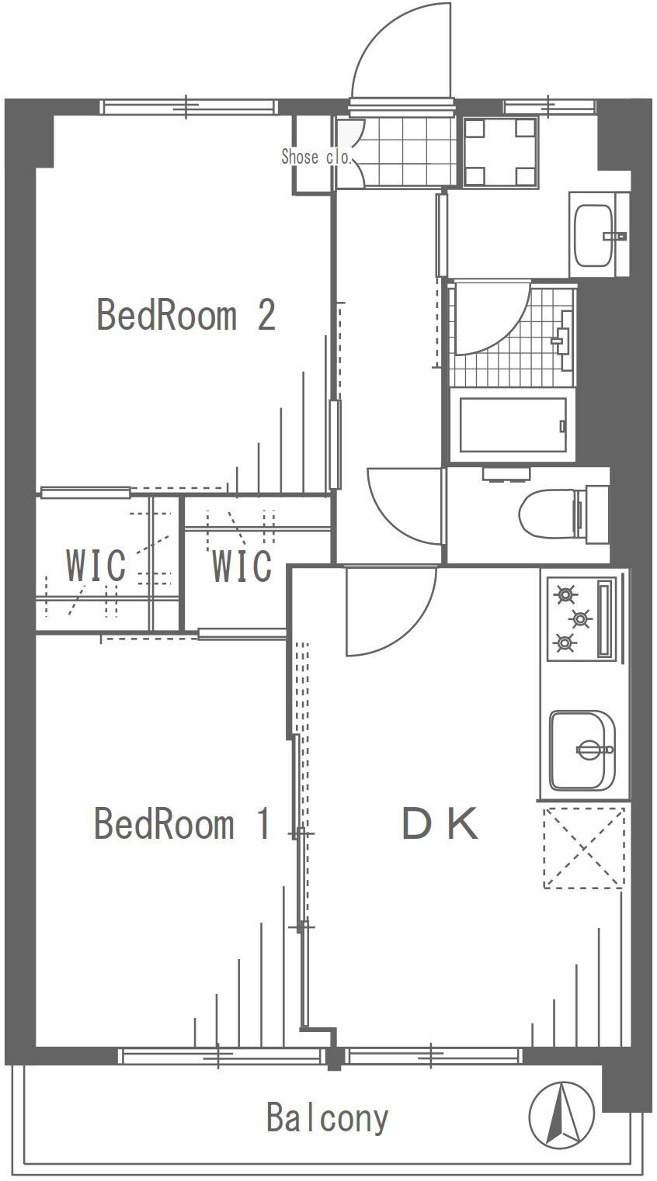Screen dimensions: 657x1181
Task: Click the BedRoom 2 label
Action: coord(186,315)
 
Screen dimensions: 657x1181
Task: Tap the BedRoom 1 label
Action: coord(182,823)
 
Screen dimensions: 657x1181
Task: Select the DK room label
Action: coord(440,823)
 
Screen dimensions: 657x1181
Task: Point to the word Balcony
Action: coord(327,1118)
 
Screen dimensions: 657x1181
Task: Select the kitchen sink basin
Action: coord(582,750)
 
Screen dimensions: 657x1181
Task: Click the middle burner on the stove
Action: coord(580,618)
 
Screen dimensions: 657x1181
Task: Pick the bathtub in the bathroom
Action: coord(513,425)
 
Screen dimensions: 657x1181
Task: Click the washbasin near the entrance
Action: coord(594,234)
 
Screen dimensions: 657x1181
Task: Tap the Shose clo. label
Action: coord(315,157)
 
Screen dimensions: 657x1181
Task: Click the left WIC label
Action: coord(96,565)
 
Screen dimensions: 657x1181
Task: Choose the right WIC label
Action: coord(242,566)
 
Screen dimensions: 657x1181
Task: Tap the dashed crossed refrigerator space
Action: coord(584,847)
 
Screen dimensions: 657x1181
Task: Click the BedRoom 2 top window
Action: coord(189,107)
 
